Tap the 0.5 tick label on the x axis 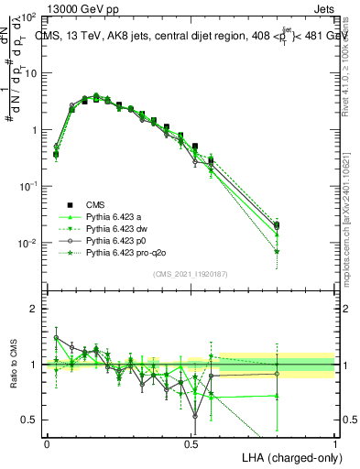click(191, 442)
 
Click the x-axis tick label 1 click(334, 442)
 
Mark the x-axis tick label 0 click(48, 442)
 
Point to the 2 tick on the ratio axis click(34, 310)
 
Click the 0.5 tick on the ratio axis click(30, 420)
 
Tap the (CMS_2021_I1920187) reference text click(191, 274)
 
